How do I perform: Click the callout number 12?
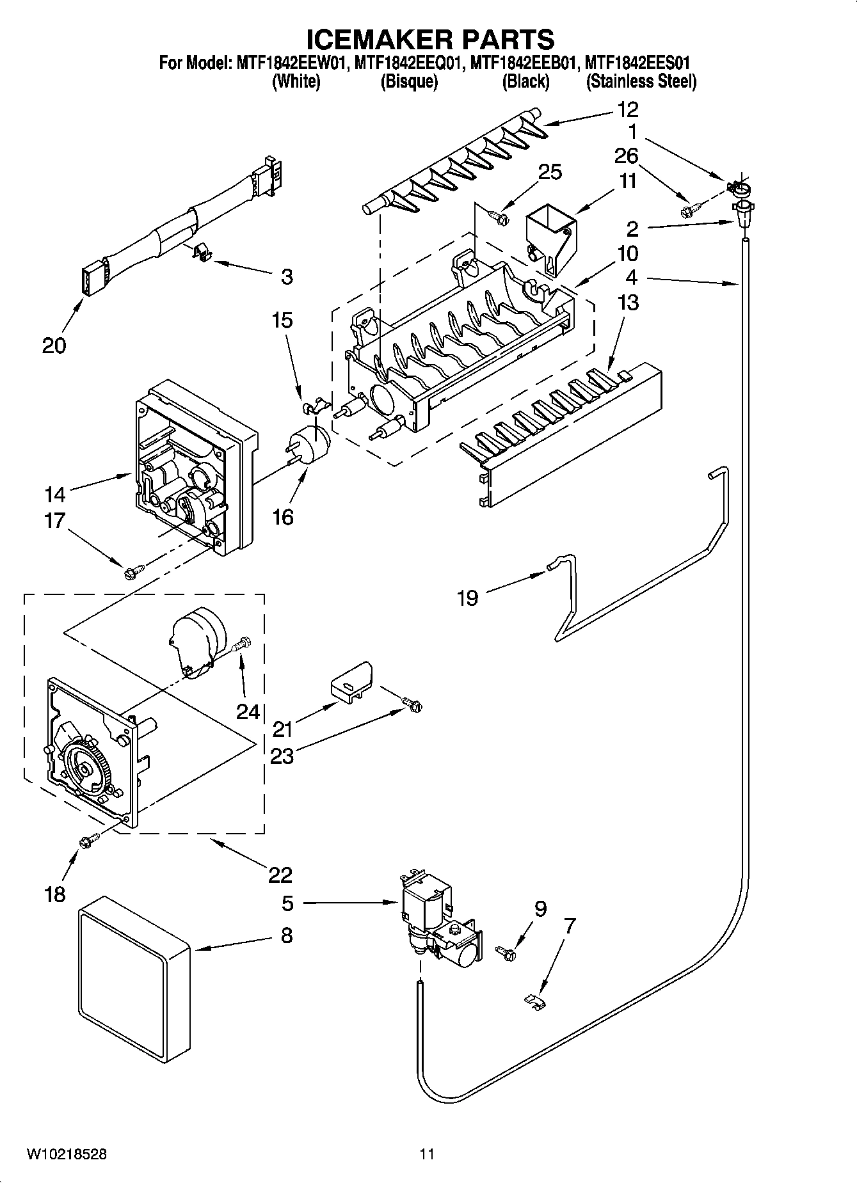point(627,109)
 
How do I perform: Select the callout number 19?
point(468,598)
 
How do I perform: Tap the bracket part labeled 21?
point(351,683)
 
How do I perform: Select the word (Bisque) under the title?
point(408,82)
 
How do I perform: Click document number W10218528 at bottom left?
point(67,1154)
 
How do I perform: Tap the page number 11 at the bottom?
point(428,1154)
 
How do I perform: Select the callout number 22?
point(280,874)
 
